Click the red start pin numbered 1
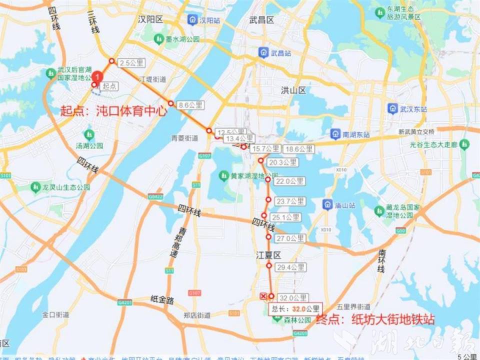98,77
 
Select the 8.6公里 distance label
190,105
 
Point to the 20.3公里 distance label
283,162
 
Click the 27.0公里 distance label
290,238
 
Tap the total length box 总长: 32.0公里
294,309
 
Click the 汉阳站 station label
209,20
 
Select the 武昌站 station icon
263,52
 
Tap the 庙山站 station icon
328,204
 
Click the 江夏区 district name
267,254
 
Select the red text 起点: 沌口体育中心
113,111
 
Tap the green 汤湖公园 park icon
89,134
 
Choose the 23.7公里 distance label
290,201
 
